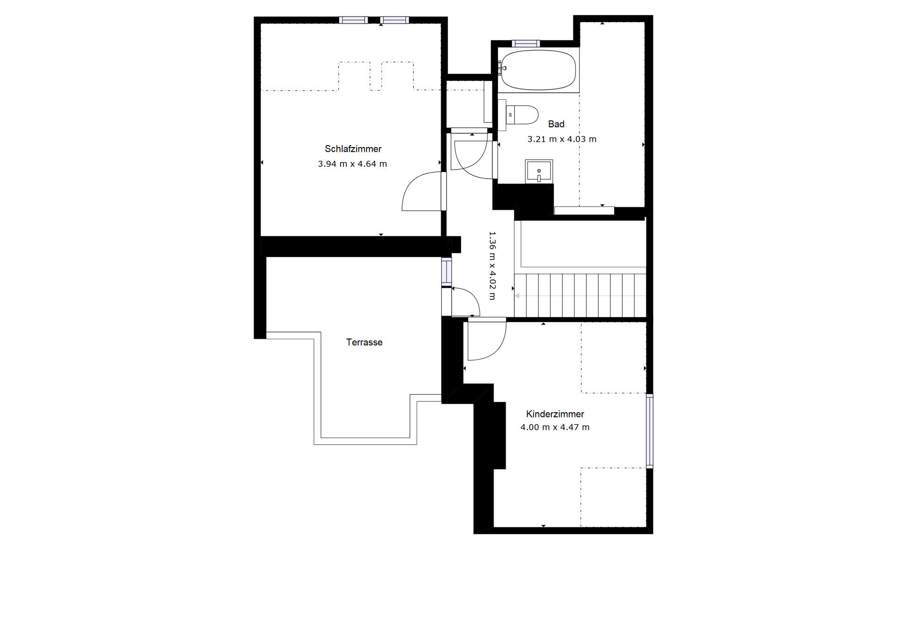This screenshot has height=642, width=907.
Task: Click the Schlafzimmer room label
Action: coord(353,149)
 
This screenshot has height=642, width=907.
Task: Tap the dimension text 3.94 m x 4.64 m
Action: coord(352,164)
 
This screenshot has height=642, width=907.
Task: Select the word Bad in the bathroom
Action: coord(556,124)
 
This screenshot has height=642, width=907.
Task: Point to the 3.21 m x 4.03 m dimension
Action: coord(562,139)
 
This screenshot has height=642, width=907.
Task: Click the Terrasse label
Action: coord(364,342)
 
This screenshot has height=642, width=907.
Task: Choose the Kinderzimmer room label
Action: coord(555,414)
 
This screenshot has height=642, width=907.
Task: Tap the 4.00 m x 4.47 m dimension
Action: coord(555,427)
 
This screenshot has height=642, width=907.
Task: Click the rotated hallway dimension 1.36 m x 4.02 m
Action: coord(492,266)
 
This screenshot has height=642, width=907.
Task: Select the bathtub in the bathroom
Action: coord(539,70)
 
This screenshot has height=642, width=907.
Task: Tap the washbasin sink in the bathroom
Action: coord(539,171)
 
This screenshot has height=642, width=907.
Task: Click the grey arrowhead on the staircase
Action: coord(517,296)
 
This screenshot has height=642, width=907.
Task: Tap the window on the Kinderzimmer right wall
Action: coord(650,431)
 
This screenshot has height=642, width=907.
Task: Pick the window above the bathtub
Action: coord(526,43)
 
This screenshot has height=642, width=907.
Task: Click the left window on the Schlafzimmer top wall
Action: coord(353,20)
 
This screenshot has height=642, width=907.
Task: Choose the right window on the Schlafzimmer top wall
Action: coord(394,20)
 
